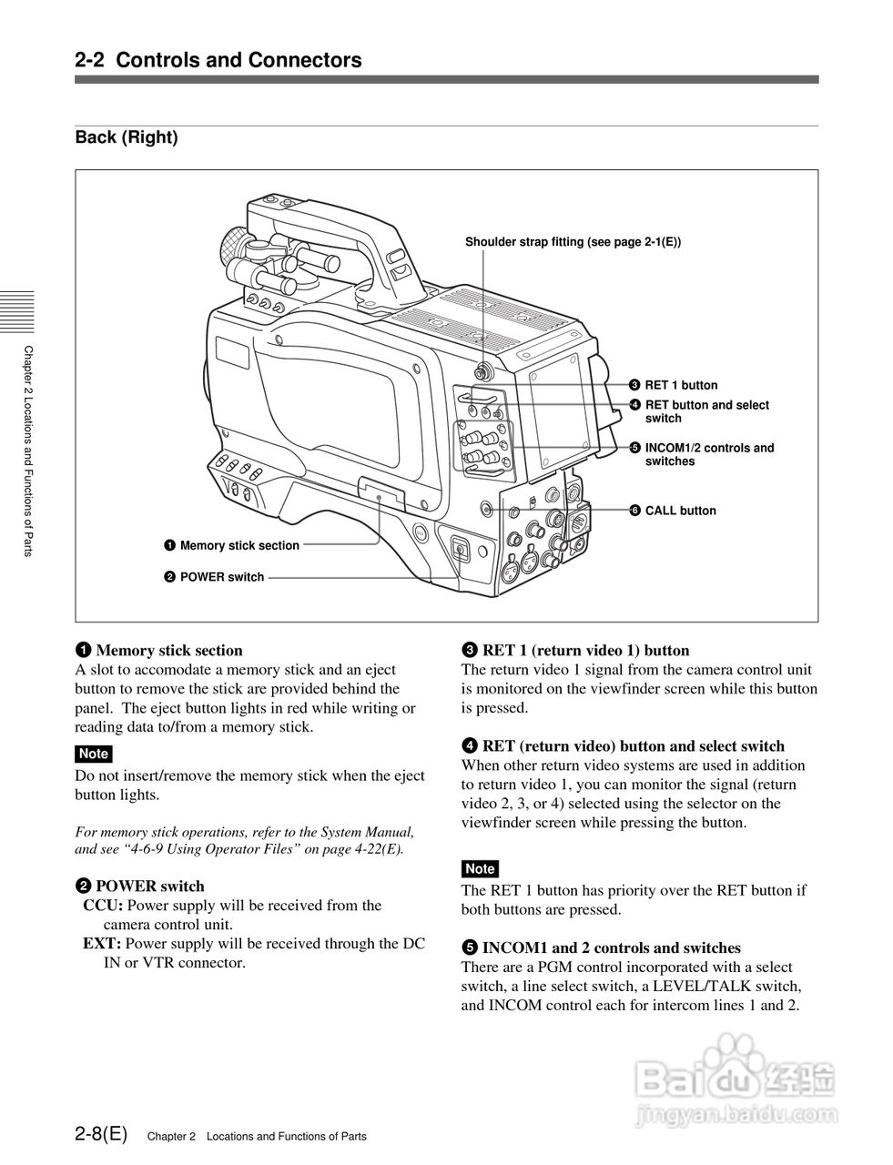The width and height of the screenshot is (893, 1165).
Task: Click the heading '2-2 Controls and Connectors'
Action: (x=218, y=60)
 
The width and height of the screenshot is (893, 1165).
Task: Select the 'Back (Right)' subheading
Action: (x=127, y=137)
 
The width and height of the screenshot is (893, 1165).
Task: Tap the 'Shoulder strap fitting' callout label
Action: (x=573, y=242)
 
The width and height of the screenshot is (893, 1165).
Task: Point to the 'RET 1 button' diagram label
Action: (x=680, y=385)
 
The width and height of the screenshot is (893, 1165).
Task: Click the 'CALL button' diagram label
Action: (x=680, y=511)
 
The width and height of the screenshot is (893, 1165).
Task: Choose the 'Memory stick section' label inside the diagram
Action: (x=239, y=545)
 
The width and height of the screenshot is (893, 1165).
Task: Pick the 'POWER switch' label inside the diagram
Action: (x=222, y=577)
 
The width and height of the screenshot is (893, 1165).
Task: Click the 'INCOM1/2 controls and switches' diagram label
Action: (x=708, y=454)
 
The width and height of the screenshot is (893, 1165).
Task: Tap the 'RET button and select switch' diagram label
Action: (x=706, y=411)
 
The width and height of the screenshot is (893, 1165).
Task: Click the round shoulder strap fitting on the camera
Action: (x=482, y=371)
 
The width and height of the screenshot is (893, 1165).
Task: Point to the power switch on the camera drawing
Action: (x=460, y=549)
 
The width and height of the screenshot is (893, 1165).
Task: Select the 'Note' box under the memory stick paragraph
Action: (x=94, y=754)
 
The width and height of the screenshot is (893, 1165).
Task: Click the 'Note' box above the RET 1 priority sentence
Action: (x=480, y=868)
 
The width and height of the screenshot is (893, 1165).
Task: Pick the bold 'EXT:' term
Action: (x=102, y=944)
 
